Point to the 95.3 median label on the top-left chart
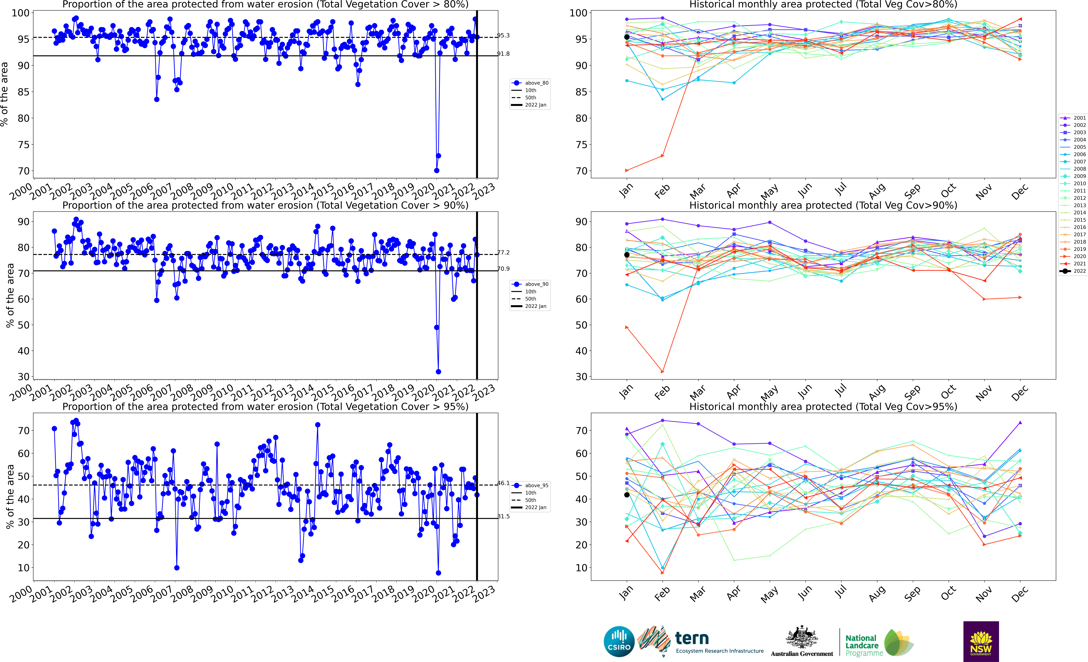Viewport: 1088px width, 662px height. point(503,35)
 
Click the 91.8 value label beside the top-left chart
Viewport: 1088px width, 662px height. point(503,54)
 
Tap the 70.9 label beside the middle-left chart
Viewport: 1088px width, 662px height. point(503,269)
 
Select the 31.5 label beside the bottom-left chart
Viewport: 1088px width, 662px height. point(503,516)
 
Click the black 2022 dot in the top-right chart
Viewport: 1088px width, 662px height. point(627,37)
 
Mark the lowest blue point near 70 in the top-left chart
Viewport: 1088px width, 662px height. point(437,170)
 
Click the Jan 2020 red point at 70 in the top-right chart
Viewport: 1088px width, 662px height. point(627,170)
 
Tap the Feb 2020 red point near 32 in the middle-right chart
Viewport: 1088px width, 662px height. point(662,372)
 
